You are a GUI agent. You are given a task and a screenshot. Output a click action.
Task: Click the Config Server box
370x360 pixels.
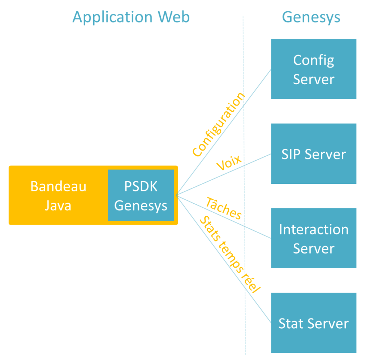(x=314, y=69)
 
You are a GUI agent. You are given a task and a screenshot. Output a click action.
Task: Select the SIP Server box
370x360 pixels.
(x=314, y=154)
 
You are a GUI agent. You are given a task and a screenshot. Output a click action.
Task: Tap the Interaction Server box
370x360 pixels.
(x=314, y=238)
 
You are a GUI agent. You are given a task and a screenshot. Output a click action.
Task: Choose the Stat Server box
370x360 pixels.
(x=314, y=323)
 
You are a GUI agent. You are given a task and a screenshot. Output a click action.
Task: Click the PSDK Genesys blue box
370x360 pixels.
(x=141, y=195)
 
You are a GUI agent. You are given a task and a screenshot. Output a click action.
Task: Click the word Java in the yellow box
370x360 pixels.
(x=58, y=205)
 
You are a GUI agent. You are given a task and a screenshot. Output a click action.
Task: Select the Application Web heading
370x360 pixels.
(x=131, y=17)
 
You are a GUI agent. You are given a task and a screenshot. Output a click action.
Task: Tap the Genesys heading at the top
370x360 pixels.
(x=311, y=17)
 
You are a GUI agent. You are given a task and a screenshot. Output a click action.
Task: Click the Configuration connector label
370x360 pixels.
(x=219, y=125)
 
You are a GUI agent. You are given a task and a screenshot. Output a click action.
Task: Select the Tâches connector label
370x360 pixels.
(x=224, y=208)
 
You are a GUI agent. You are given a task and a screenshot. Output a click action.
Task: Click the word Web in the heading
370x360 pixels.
(x=173, y=17)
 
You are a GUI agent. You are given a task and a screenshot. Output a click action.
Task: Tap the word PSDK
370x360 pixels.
(x=141, y=187)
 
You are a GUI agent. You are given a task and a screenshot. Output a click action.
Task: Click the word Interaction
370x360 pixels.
(x=314, y=230)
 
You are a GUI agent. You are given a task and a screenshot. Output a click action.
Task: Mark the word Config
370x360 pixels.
(x=314, y=60)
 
